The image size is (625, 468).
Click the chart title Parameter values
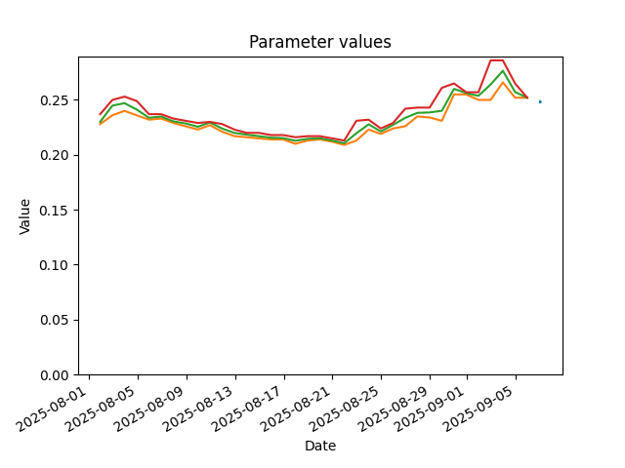click(x=320, y=42)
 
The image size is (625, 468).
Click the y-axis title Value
click(x=24, y=216)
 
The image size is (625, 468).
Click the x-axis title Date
click(x=320, y=446)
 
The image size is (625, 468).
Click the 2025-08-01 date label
click(x=52, y=409)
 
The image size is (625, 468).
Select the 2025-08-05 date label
click(x=101, y=409)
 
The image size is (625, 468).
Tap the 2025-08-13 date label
click(x=198, y=409)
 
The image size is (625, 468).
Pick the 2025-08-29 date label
click(x=393, y=409)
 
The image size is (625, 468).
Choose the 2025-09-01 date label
click(x=430, y=409)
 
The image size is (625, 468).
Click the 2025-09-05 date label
click(x=479, y=409)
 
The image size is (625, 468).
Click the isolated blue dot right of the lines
click(x=540, y=101)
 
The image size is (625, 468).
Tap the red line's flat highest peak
click(x=497, y=60)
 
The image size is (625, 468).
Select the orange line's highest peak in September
click(x=503, y=82)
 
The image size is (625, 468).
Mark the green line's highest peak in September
click(x=503, y=71)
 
